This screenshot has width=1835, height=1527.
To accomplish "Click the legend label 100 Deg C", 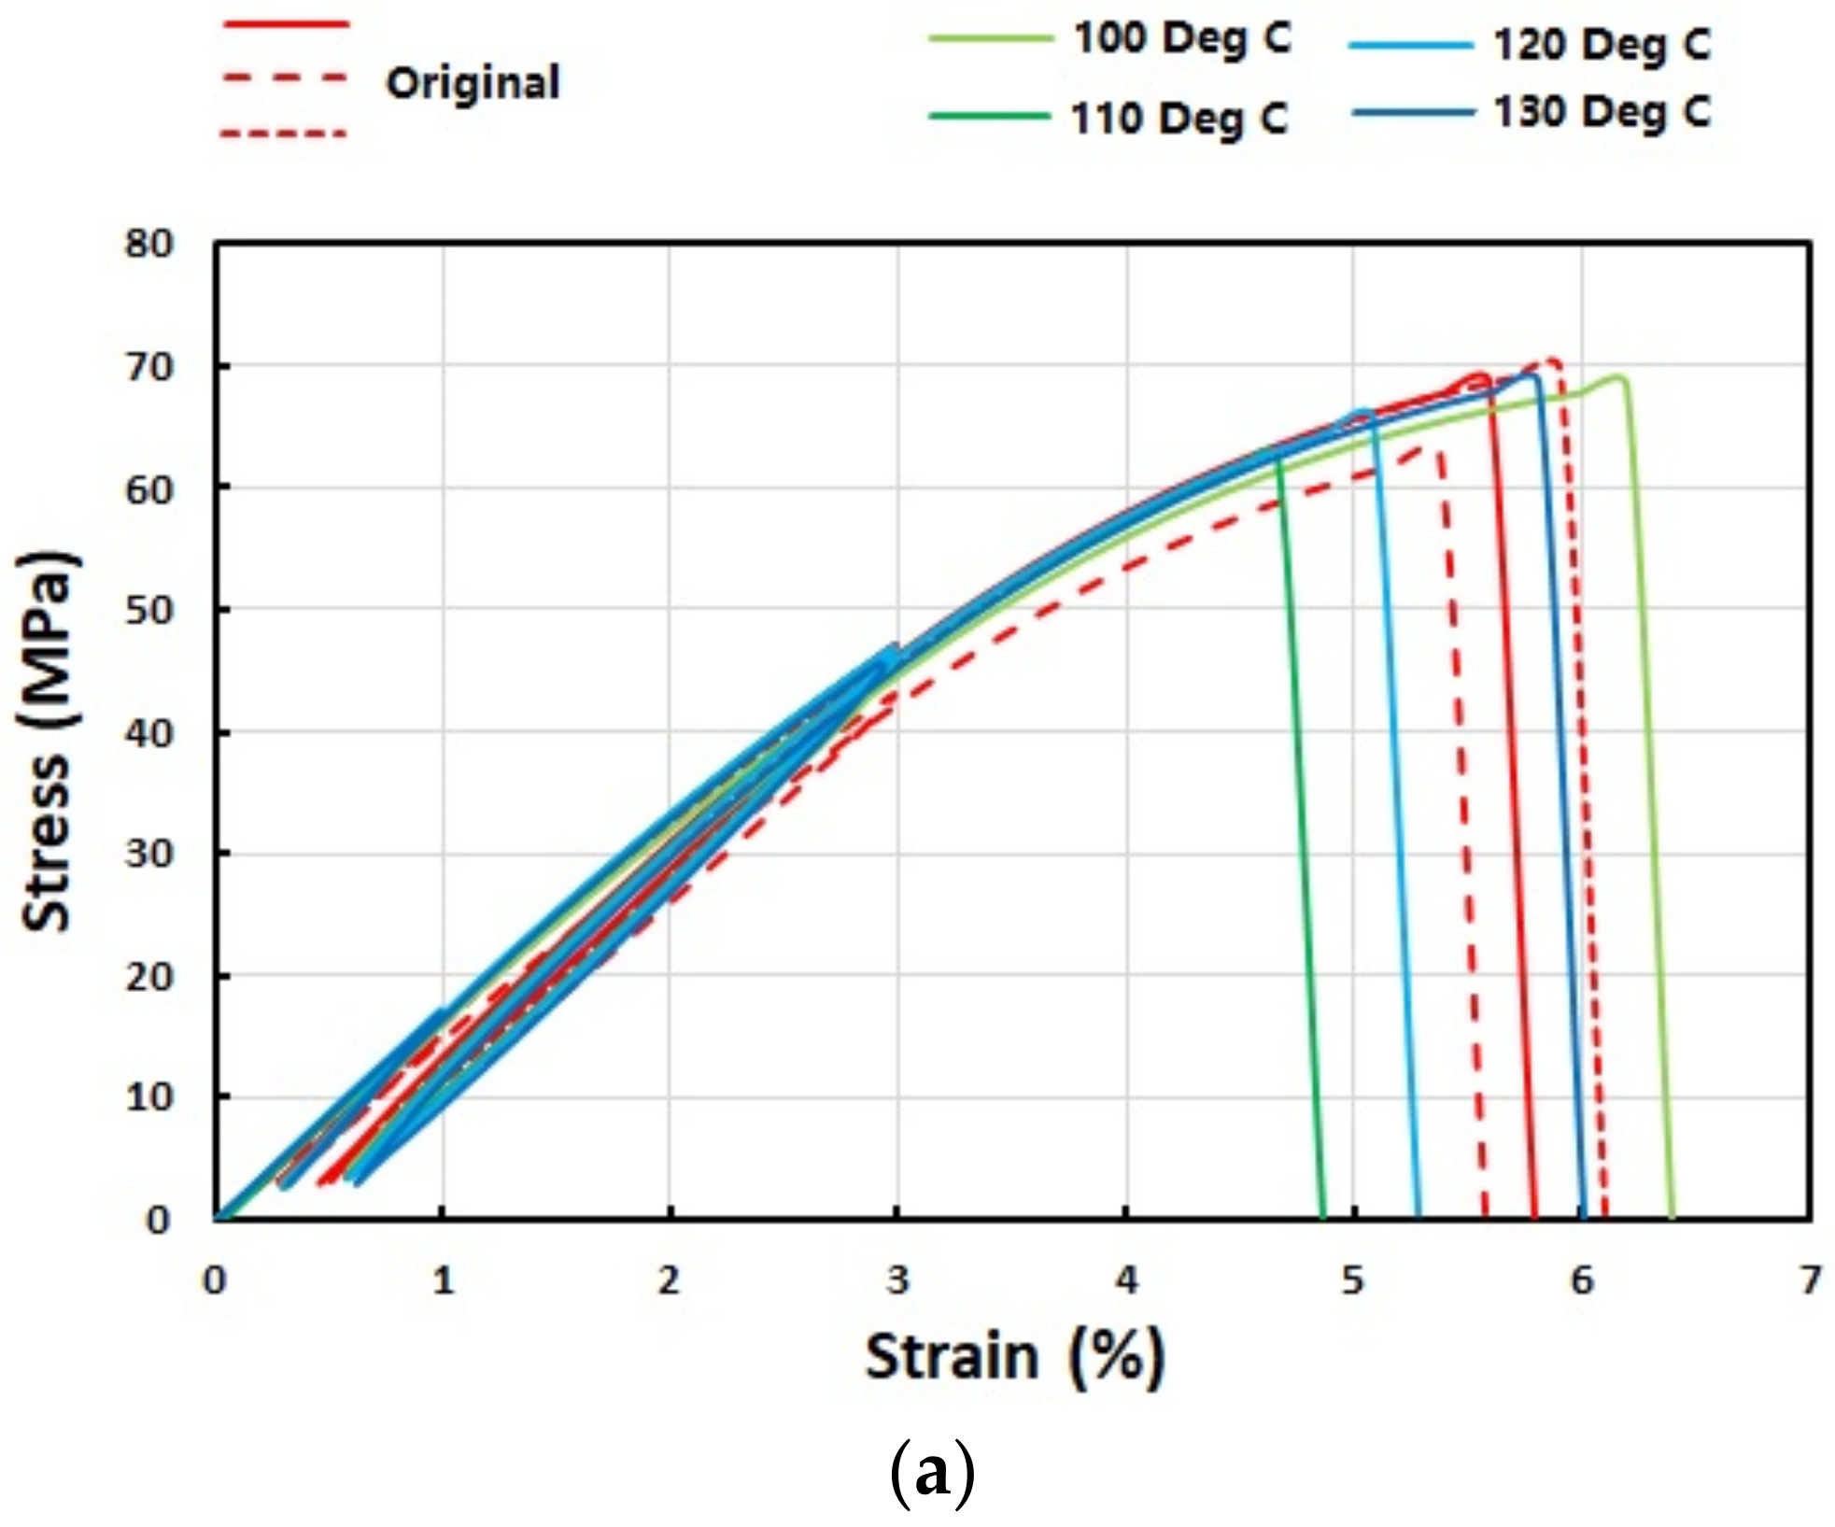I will pos(1181,39).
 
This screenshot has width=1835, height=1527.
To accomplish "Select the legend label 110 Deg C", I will pos(1179,120).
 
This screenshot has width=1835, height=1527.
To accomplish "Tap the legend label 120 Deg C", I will pos(1601,45).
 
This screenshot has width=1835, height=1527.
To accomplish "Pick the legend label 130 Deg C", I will pos(1601,113).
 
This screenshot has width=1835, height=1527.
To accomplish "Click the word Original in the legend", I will pos(473,83).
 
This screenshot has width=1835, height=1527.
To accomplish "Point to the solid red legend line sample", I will pos(285,23).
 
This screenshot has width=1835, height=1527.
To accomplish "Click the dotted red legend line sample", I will pos(284,134).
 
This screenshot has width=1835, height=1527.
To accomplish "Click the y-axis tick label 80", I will pos(149,245).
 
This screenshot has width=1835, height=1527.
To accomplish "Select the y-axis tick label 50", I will pos(149,611).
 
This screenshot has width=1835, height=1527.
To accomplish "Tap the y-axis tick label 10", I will pos(149,1097).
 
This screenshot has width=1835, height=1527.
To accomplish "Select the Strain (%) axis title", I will pos(1014,1357).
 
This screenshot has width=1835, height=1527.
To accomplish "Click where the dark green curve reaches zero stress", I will pos(1322,1217).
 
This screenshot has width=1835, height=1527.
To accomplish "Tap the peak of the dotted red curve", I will pos(1553,361).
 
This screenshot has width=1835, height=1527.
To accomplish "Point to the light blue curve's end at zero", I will pos(1419,1217).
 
